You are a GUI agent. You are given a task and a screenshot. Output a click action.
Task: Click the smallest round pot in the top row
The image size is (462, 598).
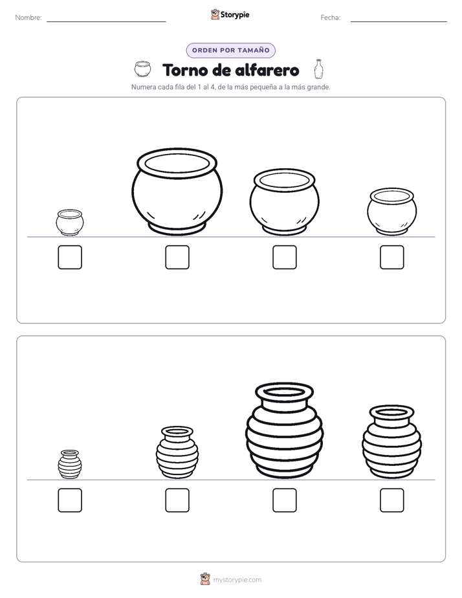[x=70, y=223]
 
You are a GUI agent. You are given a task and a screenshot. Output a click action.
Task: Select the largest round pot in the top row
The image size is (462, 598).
[x=177, y=192]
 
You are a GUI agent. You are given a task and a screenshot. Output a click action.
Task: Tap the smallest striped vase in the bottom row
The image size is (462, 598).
[x=70, y=464]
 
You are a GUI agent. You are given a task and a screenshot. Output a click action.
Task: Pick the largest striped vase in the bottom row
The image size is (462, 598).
[x=284, y=430]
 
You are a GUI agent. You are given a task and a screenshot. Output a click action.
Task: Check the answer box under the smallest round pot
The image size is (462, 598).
[x=70, y=257]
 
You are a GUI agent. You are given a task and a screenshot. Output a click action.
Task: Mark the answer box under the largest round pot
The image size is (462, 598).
[x=177, y=257]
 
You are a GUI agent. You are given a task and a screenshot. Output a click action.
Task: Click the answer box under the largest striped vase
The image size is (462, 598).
[x=285, y=500]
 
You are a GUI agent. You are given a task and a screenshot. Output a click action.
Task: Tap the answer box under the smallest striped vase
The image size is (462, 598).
[x=70, y=500]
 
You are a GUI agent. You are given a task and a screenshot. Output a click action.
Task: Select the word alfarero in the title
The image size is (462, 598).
[x=267, y=70]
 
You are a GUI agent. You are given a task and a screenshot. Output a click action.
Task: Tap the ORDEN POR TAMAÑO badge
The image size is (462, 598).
[x=230, y=50]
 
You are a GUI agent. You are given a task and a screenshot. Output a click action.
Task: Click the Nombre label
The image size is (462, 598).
[x=28, y=17]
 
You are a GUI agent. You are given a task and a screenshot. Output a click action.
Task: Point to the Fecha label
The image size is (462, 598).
[x=330, y=17]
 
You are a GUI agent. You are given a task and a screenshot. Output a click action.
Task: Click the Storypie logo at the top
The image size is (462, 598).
[x=230, y=14]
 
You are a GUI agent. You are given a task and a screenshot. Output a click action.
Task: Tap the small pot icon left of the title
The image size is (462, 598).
[x=142, y=69]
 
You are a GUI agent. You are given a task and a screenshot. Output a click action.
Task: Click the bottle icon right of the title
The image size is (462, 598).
[x=318, y=69]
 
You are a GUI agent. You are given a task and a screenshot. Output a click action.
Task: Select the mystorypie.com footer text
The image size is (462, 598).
[x=237, y=580]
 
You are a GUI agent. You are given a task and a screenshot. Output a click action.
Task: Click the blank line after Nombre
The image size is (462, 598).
[x=106, y=22]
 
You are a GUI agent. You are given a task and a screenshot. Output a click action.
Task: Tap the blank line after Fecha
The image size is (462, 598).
[x=399, y=22]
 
